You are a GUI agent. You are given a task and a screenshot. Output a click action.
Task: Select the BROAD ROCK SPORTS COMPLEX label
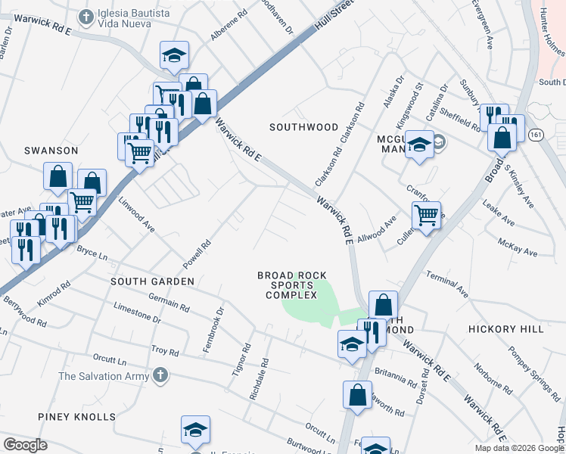pyautogui.click(x=292, y=285)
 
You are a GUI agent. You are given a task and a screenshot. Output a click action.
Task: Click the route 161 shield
pyautogui.click(x=536, y=135)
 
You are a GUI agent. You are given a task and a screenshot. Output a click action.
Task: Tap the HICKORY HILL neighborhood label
pyautogui.click(x=505, y=329)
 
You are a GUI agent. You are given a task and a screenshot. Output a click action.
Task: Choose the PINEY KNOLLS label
pyautogui.click(x=77, y=417)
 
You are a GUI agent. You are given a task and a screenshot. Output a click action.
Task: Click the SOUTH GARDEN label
pyautogui.click(x=152, y=281)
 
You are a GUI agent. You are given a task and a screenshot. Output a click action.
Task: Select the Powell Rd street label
pyautogui.click(x=196, y=256)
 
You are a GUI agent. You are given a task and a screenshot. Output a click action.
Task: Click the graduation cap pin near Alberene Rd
pyautogui.click(x=174, y=56)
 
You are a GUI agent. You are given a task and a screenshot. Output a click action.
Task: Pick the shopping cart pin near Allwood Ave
pyautogui.click(x=427, y=216)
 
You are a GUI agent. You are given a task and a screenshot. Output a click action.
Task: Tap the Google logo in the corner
pyautogui.click(x=25, y=444)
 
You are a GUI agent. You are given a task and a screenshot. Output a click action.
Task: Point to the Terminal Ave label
pyautogui.click(x=448, y=282)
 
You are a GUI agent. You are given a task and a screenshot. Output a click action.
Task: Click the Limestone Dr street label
pyautogui.click(x=137, y=313)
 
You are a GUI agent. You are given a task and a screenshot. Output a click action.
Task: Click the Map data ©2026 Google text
pyautogui.click(x=519, y=448)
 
